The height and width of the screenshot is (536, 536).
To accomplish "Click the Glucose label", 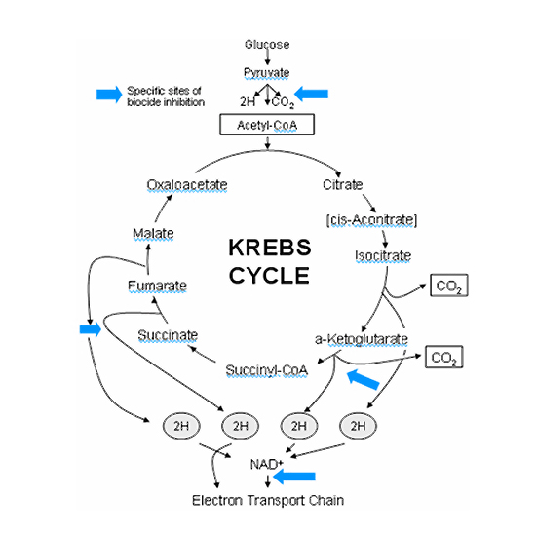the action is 267,45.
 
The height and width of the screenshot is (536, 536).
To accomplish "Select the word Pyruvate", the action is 267,73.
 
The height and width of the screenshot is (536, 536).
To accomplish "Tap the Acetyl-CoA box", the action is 267,125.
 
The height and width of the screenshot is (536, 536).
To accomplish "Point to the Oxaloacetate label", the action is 187,184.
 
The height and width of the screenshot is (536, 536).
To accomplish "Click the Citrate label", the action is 342,184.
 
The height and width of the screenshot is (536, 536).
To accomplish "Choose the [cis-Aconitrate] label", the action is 372,220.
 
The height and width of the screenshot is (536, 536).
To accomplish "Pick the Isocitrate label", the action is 383,255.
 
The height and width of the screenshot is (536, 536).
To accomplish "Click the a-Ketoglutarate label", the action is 362,339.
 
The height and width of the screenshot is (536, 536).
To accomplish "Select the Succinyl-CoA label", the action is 267,370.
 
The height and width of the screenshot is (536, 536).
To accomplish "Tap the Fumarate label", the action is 157,286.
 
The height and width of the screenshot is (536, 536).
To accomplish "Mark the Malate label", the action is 153,233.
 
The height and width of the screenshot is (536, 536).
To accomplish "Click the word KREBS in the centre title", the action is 270,248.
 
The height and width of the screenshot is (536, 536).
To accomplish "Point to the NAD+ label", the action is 267,464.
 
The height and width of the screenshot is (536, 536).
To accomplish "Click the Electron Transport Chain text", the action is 268,501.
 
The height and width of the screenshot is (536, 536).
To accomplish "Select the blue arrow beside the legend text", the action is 109,95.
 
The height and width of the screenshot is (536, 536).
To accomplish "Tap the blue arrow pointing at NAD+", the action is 294,477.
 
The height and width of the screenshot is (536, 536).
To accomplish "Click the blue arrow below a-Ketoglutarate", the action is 364,379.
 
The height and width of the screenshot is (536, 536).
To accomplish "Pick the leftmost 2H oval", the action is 181,426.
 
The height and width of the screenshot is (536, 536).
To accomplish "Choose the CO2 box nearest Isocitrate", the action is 449,286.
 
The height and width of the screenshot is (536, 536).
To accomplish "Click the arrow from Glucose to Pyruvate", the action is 267,57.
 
